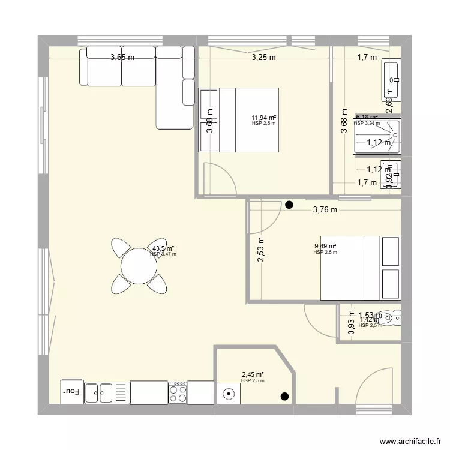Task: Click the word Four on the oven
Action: pos(71,391)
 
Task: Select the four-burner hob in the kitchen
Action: pos(178,393)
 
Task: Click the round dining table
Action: pos(139,265)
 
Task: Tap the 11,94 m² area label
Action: pos(264,118)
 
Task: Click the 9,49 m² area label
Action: pos(325,246)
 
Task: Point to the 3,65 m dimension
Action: pos(122,58)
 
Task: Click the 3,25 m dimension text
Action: pos(263,58)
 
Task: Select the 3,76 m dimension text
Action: pos(325,210)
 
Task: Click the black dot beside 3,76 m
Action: pos(290,205)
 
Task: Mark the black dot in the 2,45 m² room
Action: pos(284,397)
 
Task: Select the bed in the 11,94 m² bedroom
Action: pos(249,120)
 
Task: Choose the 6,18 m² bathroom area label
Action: pos(367,118)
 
